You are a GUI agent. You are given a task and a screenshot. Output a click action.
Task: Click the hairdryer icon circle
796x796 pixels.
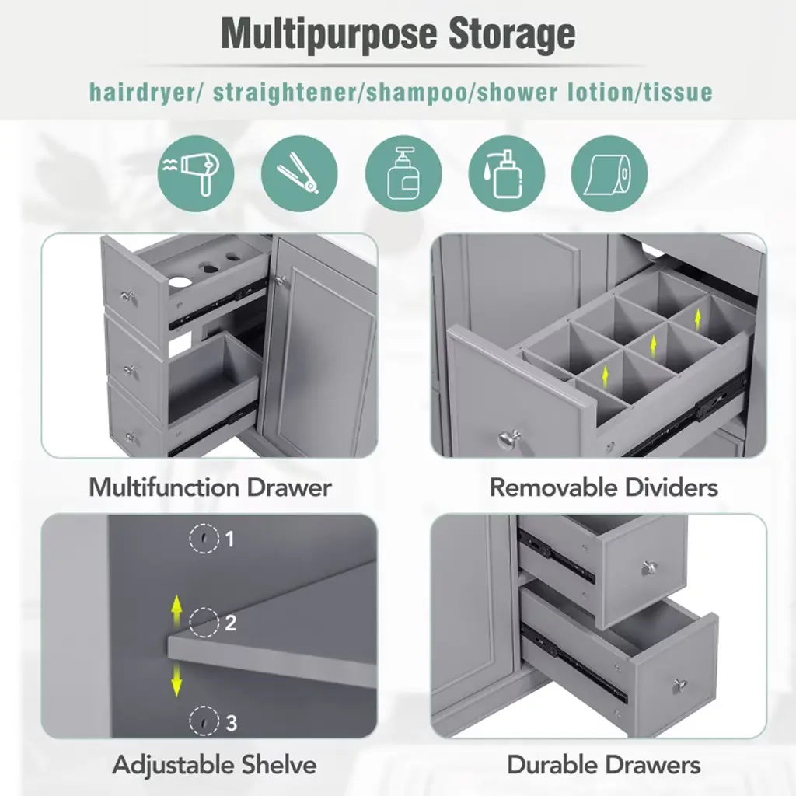tap(196, 173)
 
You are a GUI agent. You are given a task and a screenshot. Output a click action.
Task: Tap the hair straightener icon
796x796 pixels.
tap(299, 173)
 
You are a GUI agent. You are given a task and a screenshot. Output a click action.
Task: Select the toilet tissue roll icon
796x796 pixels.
tap(609, 173)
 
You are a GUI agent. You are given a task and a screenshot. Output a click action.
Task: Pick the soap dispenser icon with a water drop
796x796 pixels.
tap(507, 173)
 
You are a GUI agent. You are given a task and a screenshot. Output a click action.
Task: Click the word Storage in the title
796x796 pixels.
tap(512, 34)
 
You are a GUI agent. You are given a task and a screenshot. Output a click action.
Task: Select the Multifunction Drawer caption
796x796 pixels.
tap(210, 487)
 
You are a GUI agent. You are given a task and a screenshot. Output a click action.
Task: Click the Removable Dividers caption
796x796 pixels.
tap(603, 487)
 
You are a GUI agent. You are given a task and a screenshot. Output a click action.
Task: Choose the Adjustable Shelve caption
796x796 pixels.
tap(215, 765)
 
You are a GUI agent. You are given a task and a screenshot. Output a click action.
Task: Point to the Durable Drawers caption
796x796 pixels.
tap(603, 765)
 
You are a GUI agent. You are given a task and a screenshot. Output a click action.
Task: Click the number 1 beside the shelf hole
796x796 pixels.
tap(230, 539)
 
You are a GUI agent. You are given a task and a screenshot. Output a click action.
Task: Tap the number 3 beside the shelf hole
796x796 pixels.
tap(231, 723)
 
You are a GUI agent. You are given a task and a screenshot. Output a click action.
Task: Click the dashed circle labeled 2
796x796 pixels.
tap(204, 623)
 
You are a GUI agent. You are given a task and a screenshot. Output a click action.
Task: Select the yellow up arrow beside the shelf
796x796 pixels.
tap(176, 612)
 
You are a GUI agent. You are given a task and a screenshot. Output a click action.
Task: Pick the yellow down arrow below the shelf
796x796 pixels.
tap(176, 679)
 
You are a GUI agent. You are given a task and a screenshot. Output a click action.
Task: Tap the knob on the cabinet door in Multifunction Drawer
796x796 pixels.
tap(280, 280)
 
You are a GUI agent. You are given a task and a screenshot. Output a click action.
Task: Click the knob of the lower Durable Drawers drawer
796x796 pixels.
tap(679, 686)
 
